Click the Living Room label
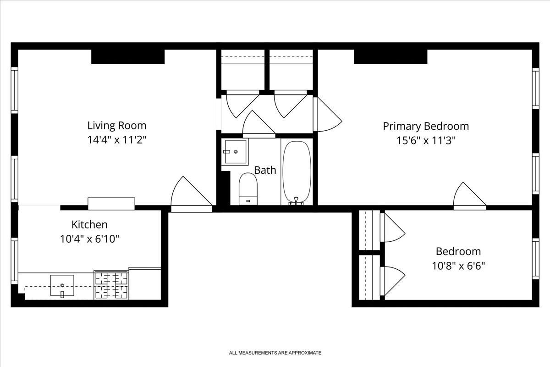tap(117, 125)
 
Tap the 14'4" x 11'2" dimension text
tap(117, 139)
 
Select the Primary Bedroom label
tap(426, 126)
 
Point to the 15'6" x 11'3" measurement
tap(426, 140)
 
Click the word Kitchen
tap(89, 224)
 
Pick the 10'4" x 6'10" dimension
tap(89, 239)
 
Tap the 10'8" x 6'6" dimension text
tap(458, 266)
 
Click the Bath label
tap(265, 170)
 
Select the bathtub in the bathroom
tap(297, 172)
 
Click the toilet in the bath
tap(248, 187)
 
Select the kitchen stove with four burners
tap(111, 284)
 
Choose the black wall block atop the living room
tap(128, 56)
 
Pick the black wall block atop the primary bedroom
tap(390, 56)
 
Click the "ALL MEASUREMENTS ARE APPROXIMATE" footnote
tap(275, 353)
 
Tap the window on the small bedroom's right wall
tap(535, 258)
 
